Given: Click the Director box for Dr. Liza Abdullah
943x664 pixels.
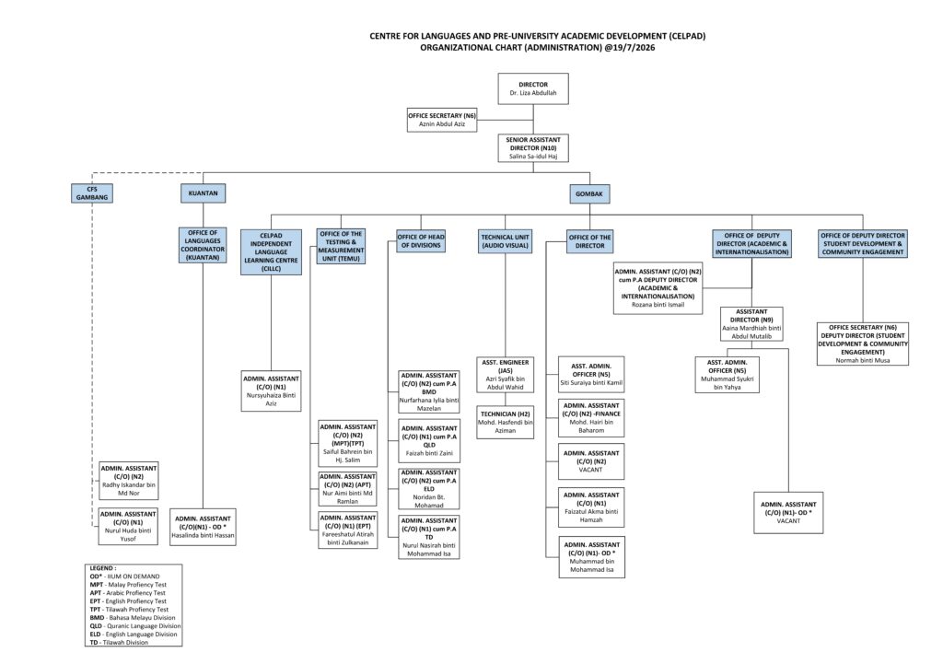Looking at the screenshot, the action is click(x=533, y=88).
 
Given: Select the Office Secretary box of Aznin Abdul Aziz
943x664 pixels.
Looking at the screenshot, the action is click(x=442, y=120).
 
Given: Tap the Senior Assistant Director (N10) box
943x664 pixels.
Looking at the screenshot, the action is click(x=533, y=148).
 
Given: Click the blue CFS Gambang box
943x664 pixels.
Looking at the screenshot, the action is click(x=92, y=193).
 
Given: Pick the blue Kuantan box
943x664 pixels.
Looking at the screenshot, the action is click(x=204, y=193).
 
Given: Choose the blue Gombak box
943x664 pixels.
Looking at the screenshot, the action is click(x=589, y=193).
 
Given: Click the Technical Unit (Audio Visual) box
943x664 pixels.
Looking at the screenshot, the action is click(x=506, y=241).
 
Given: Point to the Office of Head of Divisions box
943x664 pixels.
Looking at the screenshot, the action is click(x=421, y=241).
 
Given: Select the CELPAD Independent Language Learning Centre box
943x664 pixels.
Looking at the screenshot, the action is click(x=272, y=252).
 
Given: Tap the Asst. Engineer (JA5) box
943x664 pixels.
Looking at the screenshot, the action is click(x=506, y=375).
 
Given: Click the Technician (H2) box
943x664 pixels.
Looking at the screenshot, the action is click(x=506, y=422).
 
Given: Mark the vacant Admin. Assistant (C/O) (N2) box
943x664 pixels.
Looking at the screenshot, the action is click(x=591, y=461).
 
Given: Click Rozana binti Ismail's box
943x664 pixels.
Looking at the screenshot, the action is click(x=658, y=288).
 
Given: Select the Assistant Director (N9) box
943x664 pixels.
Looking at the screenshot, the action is click(x=751, y=324).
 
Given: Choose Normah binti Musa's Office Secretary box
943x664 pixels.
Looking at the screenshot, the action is click(x=862, y=344).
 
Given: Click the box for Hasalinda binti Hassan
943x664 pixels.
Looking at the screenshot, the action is click(x=204, y=527).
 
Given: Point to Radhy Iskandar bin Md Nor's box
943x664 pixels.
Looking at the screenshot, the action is click(x=129, y=481).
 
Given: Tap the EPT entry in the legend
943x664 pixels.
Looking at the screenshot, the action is click(x=128, y=600).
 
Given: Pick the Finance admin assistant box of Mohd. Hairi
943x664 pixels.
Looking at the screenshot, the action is click(x=591, y=418).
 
